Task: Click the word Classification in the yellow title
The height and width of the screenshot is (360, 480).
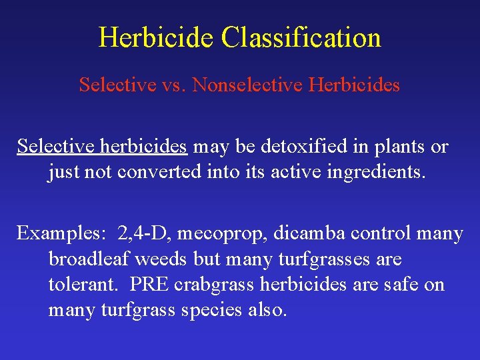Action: click(x=301, y=37)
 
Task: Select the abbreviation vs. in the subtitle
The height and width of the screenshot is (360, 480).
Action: click(x=173, y=85)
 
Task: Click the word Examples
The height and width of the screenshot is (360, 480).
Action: click(x=58, y=234)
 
